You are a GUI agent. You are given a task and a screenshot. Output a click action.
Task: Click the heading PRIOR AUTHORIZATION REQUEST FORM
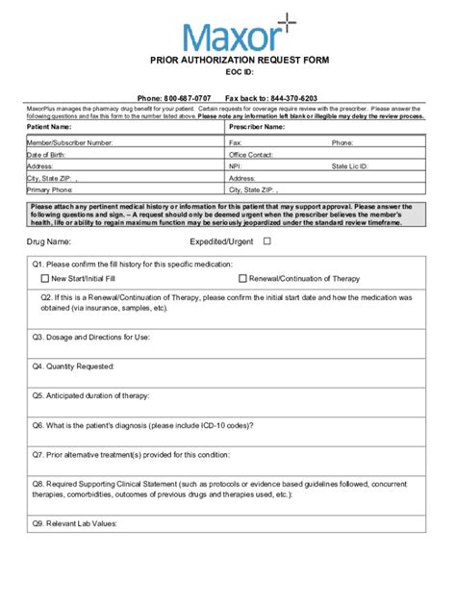[x=239, y=60]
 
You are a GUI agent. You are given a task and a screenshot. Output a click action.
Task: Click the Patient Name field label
[x=49, y=126]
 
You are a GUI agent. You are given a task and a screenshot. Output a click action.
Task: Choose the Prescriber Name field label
[x=257, y=126]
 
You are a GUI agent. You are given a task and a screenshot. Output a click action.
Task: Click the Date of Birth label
[x=47, y=154]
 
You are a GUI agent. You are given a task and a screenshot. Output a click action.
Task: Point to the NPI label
[x=237, y=165]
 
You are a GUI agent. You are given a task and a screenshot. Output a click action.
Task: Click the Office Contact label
[x=251, y=154]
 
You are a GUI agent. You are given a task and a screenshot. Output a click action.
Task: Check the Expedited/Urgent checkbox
[x=267, y=241]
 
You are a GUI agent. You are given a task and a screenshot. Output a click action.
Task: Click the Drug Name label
[x=50, y=241]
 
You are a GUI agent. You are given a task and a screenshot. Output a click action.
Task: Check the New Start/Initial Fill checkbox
[x=45, y=278]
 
